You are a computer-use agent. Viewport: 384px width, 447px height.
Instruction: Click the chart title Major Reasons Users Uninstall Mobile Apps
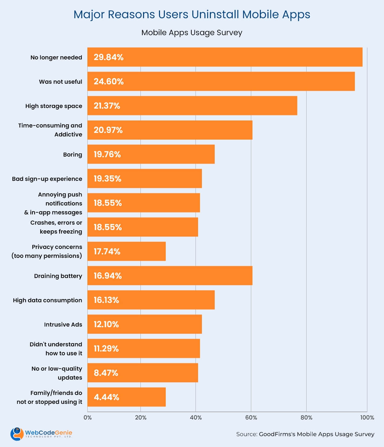(192, 15)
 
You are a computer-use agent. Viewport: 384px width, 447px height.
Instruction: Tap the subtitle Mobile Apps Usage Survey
(192, 33)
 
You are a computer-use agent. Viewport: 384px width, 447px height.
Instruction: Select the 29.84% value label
(108, 57)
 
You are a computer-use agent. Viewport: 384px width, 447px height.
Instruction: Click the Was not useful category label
(60, 82)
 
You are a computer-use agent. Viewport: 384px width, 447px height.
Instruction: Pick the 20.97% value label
(108, 130)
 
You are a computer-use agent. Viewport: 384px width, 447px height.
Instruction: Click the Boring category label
(73, 155)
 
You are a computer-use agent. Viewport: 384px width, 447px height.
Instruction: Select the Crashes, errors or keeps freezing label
(56, 227)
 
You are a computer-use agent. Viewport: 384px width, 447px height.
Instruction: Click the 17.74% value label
(107, 251)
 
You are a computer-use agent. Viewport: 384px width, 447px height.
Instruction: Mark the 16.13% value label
(106, 300)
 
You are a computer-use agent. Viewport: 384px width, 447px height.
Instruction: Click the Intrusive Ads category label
(63, 325)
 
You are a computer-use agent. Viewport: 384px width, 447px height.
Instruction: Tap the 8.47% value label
(106, 373)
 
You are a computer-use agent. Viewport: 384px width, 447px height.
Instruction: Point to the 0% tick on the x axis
(87, 418)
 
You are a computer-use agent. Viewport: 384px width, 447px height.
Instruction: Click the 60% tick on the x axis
(251, 418)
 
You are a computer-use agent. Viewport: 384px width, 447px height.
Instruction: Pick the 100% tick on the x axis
(367, 418)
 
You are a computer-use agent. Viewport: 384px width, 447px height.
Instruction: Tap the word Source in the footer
(246, 434)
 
